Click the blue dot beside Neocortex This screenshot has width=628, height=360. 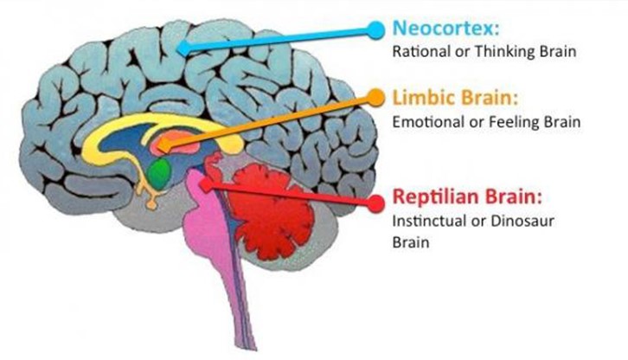click(375, 29)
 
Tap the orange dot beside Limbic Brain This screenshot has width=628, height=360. click(375, 96)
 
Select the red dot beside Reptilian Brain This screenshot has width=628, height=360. click(375, 202)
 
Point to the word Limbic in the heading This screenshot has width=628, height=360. click(419, 95)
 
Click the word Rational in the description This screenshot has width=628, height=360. click(415, 51)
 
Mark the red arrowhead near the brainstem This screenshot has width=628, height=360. click(208, 183)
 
